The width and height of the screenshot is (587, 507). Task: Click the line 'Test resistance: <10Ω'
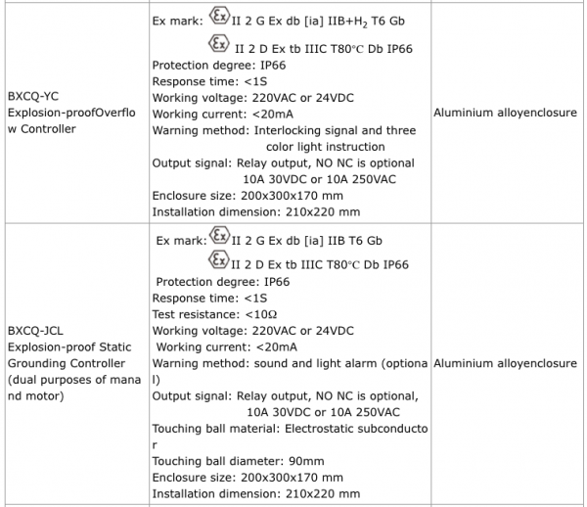coord(215,314)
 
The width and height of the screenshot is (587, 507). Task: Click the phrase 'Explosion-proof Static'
coord(68,346)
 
